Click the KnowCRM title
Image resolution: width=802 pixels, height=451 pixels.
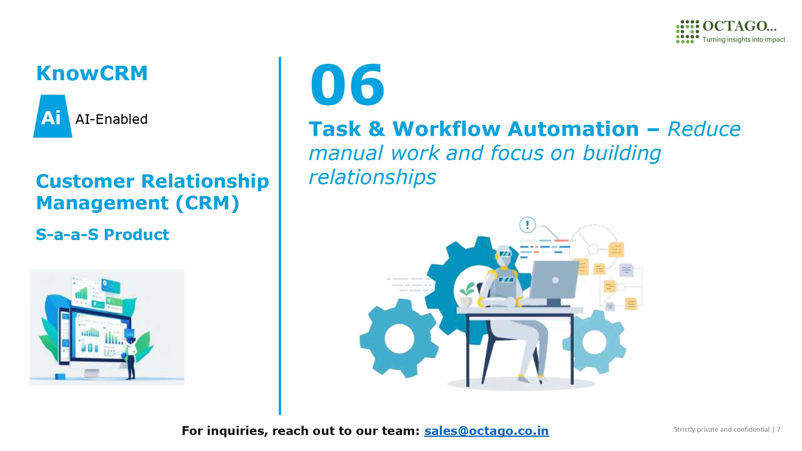pyautogui.click(x=92, y=73)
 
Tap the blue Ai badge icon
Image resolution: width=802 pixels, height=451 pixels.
pyautogui.click(x=53, y=116)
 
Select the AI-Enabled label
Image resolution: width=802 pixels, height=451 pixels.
pyautogui.click(x=111, y=119)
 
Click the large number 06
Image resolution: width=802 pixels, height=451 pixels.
pyautogui.click(x=347, y=85)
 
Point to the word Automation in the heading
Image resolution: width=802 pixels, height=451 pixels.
pyautogui.click(x=573, y=129)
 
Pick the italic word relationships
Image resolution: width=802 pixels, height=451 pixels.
pyautogui.click(x=372, y=177)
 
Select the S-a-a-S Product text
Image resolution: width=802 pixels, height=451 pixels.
pyautogui.click(x=103, y=235)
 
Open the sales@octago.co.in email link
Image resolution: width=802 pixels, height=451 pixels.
pyautogui.click(x=486, y=431)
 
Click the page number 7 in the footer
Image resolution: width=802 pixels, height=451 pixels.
pyautogui.click(x=778, y=429)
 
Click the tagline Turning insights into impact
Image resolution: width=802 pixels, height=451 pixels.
pyautogui.click(x=743, y=39)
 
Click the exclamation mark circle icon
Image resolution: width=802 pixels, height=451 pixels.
pyautogui.click(x=527, y=225)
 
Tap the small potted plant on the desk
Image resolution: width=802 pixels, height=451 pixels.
pyautogui.click(x=467, y=295)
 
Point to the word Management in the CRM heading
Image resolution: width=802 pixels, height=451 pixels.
pyautogui.click(x=102, y=203)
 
